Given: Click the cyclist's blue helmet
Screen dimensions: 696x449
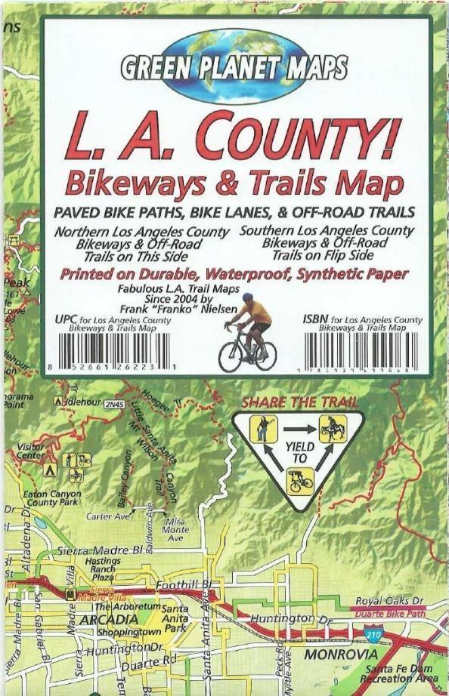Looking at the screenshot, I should [249, 303].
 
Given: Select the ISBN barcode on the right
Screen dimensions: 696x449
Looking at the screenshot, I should [361, 349].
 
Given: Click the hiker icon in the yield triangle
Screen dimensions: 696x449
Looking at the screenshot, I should [264, 429].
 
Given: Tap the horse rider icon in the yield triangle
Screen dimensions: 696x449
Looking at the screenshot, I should [332, 428].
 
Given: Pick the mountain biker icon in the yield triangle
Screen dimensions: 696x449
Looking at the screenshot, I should [299, 480].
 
